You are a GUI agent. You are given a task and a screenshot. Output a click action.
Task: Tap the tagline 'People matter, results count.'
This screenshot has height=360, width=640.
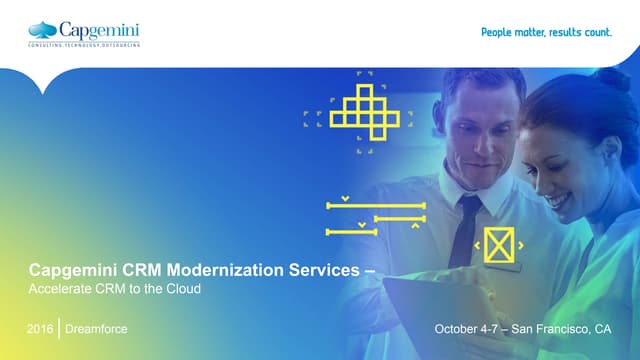click(x=546, y=32)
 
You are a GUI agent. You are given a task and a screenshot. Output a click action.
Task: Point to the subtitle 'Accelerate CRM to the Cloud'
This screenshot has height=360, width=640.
click(x=115, y=289)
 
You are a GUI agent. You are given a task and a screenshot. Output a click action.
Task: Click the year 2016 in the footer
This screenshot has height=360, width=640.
click(x=41, y=329)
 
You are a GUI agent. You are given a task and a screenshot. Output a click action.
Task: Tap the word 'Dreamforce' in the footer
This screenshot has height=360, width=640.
click(x=97, y=329)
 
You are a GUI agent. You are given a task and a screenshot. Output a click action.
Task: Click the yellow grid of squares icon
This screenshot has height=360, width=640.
click(x=364, y=111)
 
